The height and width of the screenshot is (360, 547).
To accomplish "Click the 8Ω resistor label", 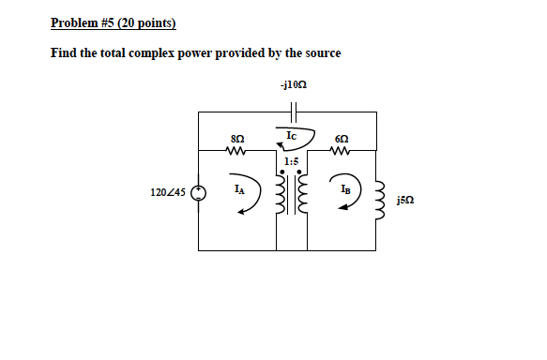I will (236, 137).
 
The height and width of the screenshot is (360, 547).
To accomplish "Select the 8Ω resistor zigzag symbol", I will (236, 147).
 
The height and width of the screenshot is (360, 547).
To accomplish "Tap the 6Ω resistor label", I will (341, 137).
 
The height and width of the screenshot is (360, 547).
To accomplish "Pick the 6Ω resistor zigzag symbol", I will (341, 147).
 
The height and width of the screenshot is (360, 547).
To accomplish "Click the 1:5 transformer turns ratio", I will (291, 160).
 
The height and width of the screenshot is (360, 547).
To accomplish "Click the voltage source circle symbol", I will (198, 194).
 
